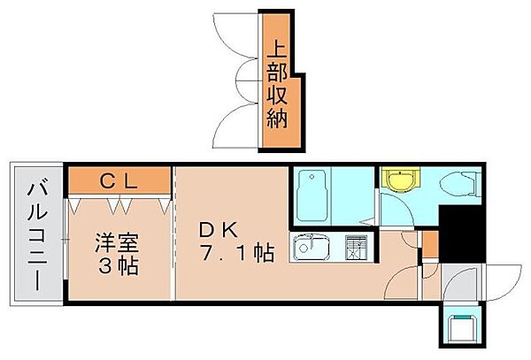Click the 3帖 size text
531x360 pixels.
pyautogui.click(x=119, y=265)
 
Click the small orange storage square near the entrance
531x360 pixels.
pyautogui.click(x=428, y=241)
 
